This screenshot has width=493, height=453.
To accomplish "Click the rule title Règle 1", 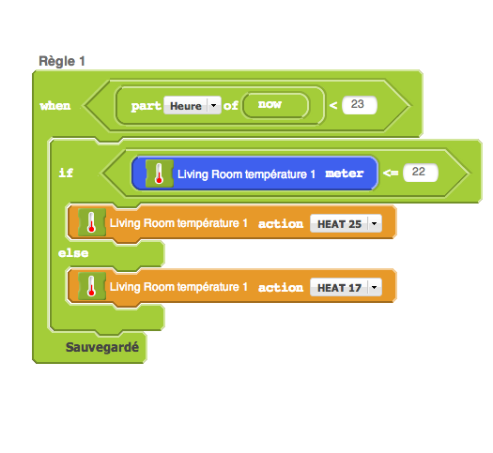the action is [x=62, y=61].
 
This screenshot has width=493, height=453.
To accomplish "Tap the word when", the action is [x=55, y=106].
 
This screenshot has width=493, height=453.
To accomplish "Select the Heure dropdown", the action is [x=193, y=105].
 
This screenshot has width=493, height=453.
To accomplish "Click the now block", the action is [x=275, y=105].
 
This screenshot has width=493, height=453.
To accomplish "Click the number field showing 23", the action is [x=360, y=105].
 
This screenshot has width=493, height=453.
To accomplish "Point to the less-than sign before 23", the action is [x=333, y=105].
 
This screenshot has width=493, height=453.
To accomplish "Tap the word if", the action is [x=66, y=173].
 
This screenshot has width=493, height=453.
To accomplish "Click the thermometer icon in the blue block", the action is [x=160, y=174].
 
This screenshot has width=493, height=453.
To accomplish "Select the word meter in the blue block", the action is [x=345, y=174].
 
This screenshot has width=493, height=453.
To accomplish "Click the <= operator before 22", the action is [x=391, y=173].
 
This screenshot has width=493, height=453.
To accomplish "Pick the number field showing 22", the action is [x=421, y=173].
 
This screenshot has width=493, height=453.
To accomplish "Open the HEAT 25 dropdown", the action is [x=346, y=223].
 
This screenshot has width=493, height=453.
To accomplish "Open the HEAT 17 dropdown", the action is [x=346, y=287].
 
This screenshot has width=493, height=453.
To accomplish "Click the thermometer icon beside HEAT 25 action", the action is [x=92, y=222].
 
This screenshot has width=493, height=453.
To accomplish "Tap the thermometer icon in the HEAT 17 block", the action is [x=92, y=286].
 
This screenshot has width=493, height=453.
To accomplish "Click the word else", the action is [x=73, y=253].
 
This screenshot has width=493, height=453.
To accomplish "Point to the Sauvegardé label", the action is [x=102, y=347].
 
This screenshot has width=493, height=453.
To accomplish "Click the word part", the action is [x=146, y=106].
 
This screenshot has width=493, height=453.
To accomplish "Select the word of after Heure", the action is [x=231, y=105].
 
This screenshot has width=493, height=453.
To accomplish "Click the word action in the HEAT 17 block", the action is [x=281, y=288].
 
